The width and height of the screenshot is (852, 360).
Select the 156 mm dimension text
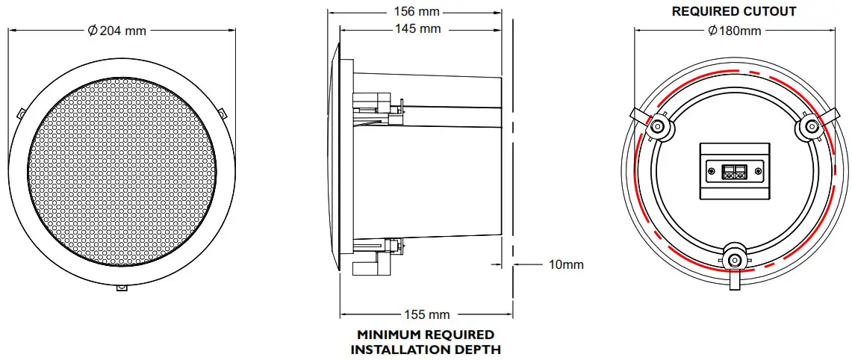(x=417, y=12)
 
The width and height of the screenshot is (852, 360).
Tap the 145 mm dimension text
(x=417, y=29)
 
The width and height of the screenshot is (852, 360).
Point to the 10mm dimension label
(x=565, y=264)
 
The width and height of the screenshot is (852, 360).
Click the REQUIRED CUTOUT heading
(x=734, y=11)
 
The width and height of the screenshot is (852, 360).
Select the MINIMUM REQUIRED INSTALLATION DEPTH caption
(x=426, y=341)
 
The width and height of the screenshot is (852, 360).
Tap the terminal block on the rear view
(x=733, y=173)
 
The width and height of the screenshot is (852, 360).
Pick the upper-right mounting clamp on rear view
(x=811, y=125)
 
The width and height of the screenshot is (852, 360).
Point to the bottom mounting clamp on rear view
(x=735, y=259)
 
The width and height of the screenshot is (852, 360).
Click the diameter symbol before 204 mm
(x=93, y=31)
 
